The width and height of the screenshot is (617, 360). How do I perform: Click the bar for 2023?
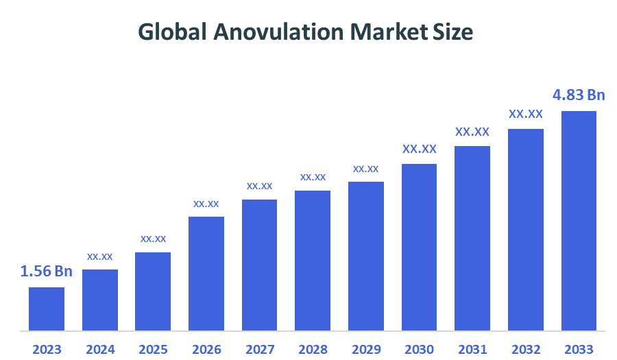[47, 309]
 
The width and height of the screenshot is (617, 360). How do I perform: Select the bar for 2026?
[206, 274]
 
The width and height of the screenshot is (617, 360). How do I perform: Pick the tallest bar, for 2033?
[579, 221]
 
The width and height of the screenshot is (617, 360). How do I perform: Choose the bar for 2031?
[472, 238]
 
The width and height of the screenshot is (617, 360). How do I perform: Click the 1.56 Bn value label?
[47, 272]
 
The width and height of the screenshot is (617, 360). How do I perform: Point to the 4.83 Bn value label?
[579, 95]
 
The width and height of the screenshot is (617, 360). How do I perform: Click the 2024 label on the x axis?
[100, 349]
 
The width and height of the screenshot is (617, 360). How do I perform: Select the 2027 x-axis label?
[260, 349]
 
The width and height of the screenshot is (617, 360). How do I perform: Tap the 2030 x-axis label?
[420, 349]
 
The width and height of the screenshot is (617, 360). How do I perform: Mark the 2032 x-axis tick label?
[526, 349]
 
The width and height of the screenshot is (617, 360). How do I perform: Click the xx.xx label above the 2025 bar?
[154, 239]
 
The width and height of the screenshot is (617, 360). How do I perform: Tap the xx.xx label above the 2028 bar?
[313, 177]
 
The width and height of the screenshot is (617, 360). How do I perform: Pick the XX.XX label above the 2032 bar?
[526, 114]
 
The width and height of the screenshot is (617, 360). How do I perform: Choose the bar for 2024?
[100, 300]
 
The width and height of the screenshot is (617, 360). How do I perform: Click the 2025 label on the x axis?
[154, 349]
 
